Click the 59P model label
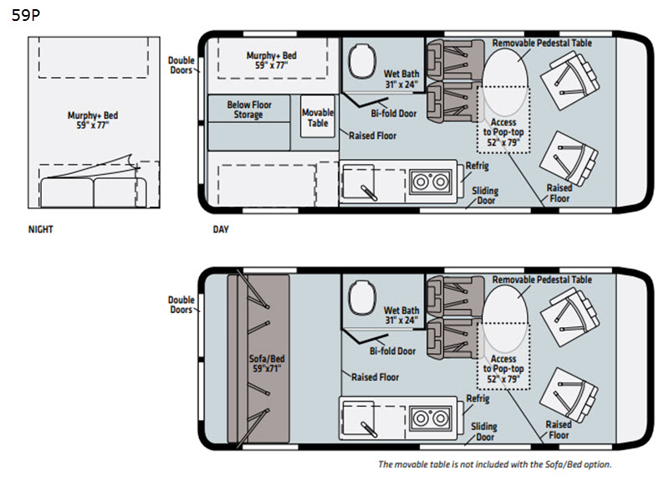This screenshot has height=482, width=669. point(25,15)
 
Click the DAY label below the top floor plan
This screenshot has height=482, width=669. point(220,229)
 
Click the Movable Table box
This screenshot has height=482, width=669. point(318,118)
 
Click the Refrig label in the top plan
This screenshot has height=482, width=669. point(477,165)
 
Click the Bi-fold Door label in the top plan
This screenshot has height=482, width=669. point(392,114)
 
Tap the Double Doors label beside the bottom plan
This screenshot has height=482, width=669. point(181,305)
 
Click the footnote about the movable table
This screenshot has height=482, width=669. point(495,464)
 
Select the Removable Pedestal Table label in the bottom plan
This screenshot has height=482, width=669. point(542,279)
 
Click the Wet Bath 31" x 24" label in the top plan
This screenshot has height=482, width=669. point(402,79)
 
